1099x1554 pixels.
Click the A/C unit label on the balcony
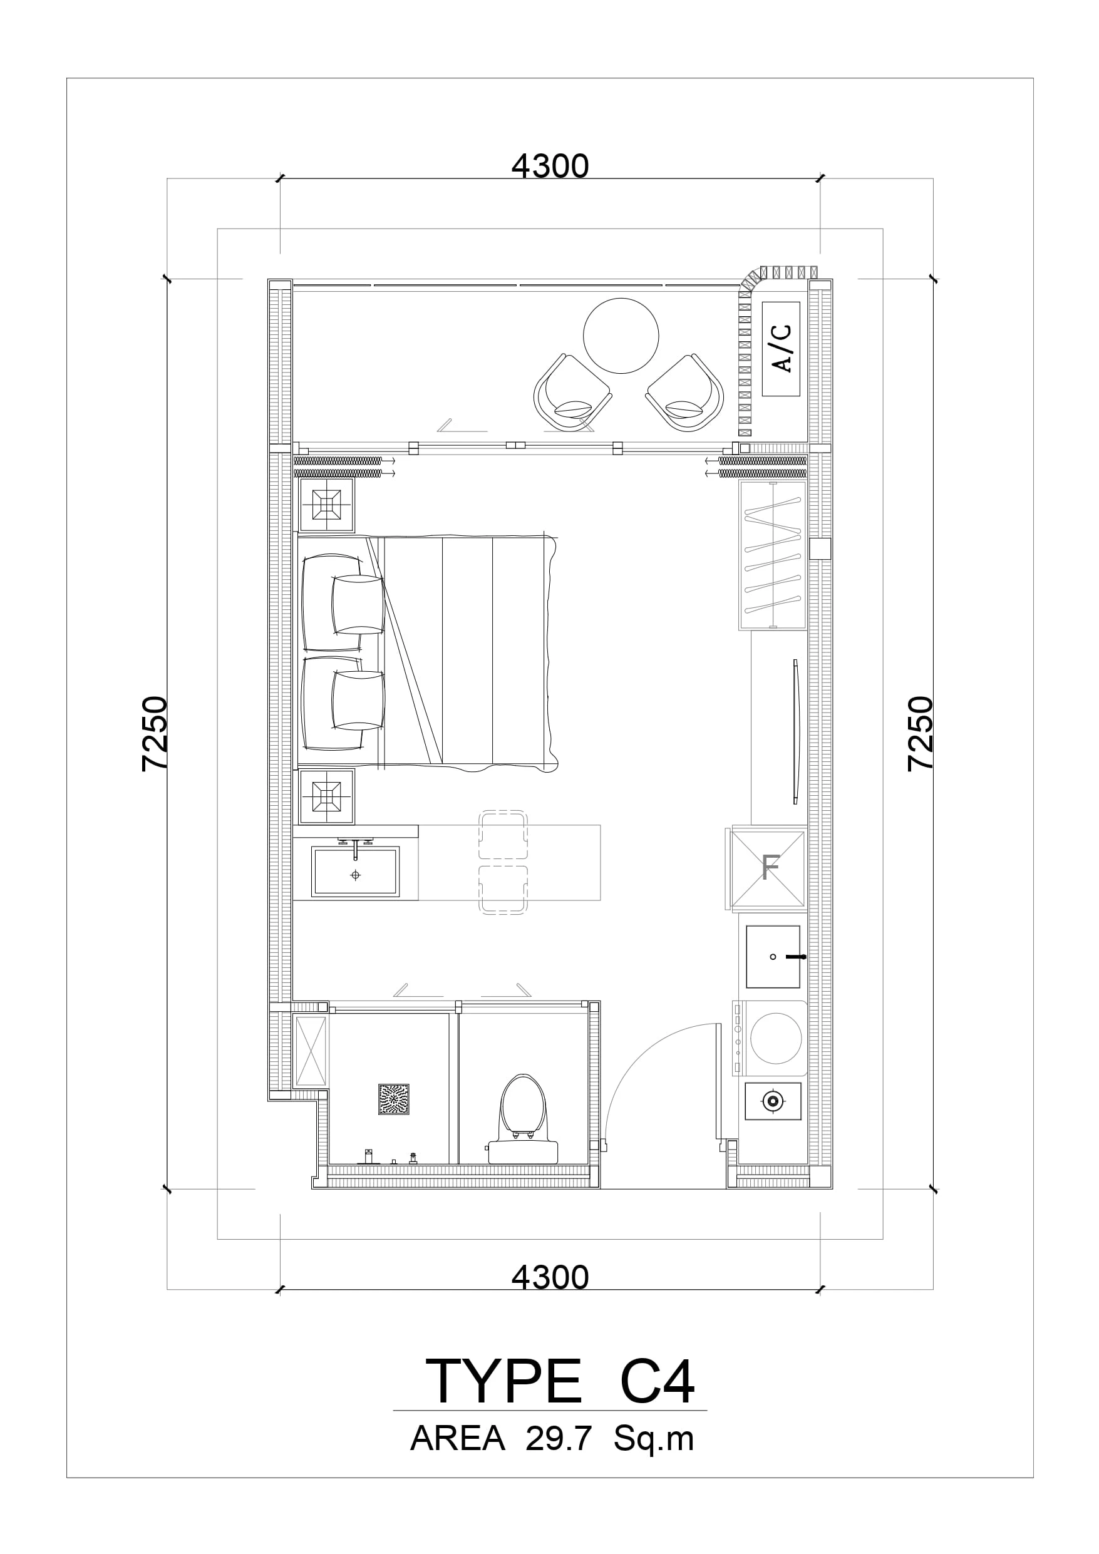tap(782, 349)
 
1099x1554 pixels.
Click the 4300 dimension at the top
tap(550, 167)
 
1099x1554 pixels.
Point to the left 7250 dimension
tap(155, 733)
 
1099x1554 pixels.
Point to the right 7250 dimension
tap(921, 733)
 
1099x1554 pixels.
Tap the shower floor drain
tap(393, 1099)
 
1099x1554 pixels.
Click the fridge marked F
tap(768, 867)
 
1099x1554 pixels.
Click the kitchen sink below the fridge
tap(773, 957)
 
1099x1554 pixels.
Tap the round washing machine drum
tap(775, 1038)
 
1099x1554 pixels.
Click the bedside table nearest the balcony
tap(326, 505)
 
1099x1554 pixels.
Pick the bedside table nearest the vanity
tap(326, 796)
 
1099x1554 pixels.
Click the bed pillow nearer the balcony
tap(358, 604)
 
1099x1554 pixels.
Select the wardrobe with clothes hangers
tap(773, 555)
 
